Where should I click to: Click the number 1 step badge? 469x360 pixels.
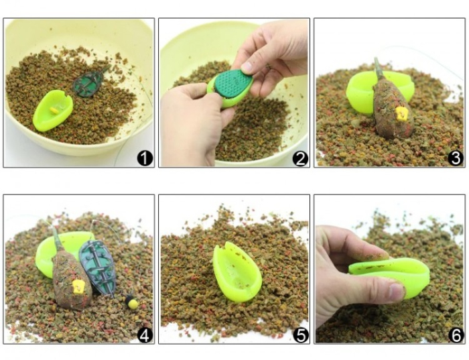(x=145, y=158)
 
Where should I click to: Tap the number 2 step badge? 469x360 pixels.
(x=300, y=159)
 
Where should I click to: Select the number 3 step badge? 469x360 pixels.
(x=455, y=158)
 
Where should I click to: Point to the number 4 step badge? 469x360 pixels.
(x=145, y=335)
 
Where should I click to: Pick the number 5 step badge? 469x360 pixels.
(x=300, y=335)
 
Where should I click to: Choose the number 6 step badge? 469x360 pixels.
(x=456, y=335)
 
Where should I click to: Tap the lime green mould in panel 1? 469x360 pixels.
(x=52, y=111)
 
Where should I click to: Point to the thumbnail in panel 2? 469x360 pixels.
(x=247, y=67)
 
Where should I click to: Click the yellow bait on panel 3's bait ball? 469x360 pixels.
(x=401, y=113)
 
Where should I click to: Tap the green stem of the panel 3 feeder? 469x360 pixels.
(x=379, y=68)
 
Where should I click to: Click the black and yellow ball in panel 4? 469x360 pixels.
(x=131, y=302)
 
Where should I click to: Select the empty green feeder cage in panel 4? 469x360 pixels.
(x=98, y=267)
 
